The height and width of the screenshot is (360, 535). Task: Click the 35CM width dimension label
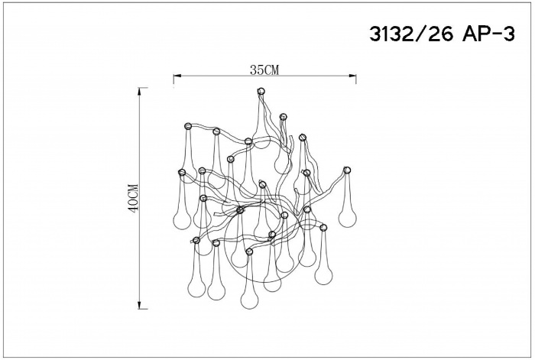264,70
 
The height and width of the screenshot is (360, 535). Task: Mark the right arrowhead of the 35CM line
354,76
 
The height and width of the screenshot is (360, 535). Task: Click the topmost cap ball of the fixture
261,91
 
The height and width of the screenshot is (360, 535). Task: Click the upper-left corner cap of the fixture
188,126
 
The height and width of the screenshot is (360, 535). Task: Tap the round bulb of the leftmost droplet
180,219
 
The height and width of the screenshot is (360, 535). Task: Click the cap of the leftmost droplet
182,172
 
